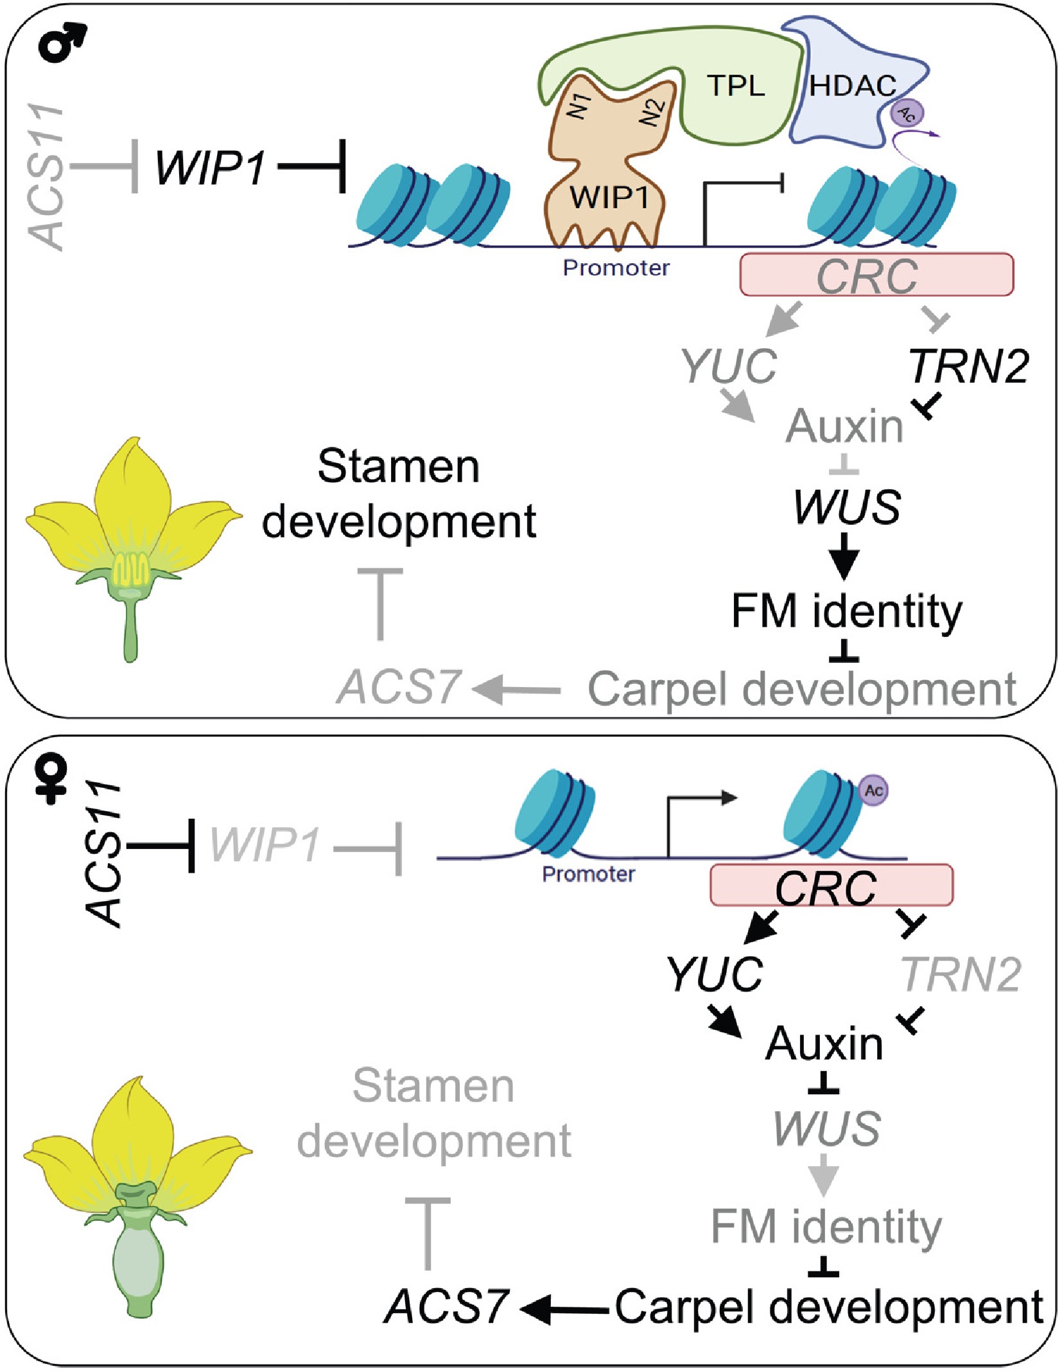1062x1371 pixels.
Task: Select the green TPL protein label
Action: point(736,85)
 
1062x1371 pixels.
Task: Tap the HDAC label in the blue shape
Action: point(852,86)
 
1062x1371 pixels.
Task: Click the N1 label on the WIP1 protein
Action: point(580,105)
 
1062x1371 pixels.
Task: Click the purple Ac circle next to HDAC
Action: point(907,114)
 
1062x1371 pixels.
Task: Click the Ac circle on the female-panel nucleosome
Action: point(874,790)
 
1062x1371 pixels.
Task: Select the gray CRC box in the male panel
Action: point(876,275)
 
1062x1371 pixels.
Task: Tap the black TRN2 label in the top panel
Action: point(968,367)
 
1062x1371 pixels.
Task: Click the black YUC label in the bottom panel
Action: point(715,974)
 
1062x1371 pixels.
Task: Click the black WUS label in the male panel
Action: point(847,507)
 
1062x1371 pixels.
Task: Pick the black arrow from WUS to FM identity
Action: point(845,557)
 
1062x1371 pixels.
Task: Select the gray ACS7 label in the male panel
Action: point(398,687)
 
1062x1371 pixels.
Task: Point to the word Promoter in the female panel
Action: point(588,874)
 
